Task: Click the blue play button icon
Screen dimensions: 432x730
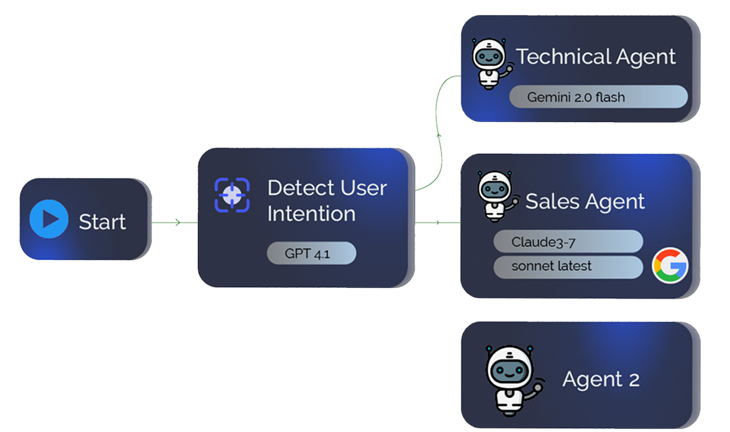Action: coord(49,220)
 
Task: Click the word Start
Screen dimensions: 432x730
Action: coord(102,222)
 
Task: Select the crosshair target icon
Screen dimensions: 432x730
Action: coord(233,195)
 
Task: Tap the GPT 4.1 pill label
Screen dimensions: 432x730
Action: coord(311,253)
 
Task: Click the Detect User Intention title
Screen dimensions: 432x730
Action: coord(327,201)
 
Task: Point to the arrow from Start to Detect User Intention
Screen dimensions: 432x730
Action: coord(175,222)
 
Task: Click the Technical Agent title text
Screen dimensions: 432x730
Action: coord(596,57)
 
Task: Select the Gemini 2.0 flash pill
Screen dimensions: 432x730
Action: coord(597,97)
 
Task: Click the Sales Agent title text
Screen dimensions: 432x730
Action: coord(585,201)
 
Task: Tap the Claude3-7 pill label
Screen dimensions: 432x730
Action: coord(568,242)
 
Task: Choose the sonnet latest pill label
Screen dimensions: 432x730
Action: coord(568,267)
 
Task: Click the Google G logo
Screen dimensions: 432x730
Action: coord(670,266)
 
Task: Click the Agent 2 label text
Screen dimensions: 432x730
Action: coord(600,379)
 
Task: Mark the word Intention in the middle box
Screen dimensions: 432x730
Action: coord(311,214)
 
